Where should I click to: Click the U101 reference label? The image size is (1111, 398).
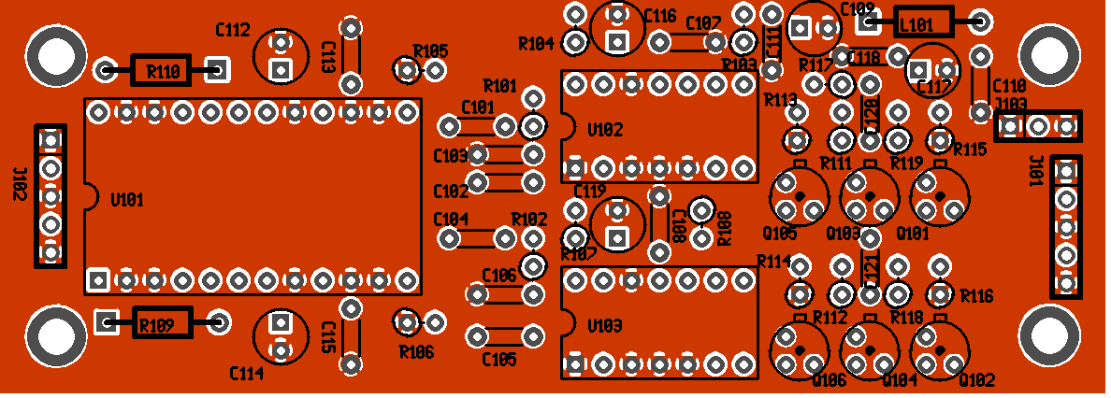127,200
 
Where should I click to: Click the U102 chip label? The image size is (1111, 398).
606,130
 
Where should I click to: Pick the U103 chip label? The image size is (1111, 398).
606,326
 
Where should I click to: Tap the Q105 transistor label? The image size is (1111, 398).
780,233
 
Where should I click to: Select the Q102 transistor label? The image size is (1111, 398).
976,380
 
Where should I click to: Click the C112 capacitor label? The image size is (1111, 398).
233,30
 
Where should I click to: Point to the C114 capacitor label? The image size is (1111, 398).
247,374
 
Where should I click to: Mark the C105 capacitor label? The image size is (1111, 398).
499,359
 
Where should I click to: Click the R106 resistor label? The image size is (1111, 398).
416,352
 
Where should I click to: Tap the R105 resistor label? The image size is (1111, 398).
430,50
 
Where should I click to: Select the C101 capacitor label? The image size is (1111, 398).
478,107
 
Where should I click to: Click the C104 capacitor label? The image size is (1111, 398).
451,219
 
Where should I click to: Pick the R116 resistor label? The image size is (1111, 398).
976,296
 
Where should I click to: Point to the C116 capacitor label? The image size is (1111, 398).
660,16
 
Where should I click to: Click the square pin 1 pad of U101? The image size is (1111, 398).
98,278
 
